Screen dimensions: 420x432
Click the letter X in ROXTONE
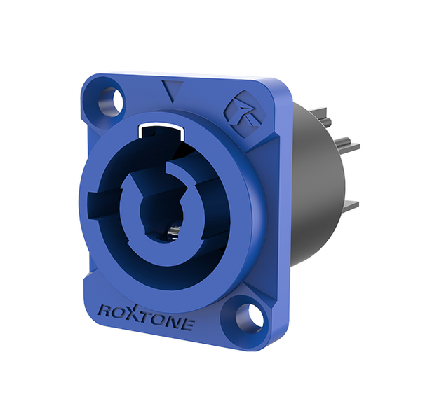pos(133,312)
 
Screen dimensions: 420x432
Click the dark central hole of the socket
pos(156,211)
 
